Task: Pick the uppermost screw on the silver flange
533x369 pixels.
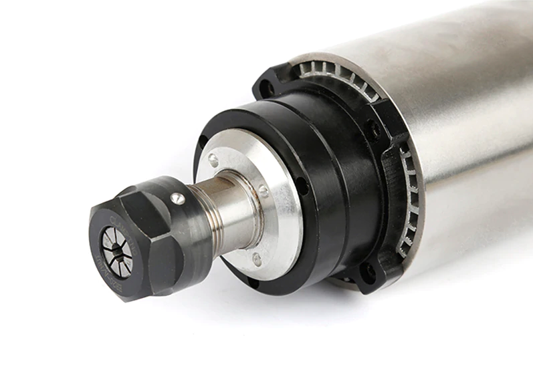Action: click(x=213, y=159)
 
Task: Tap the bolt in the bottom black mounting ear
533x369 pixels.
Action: click(x=366, y=272)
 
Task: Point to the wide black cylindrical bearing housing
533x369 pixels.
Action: click(x=321, y=160)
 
